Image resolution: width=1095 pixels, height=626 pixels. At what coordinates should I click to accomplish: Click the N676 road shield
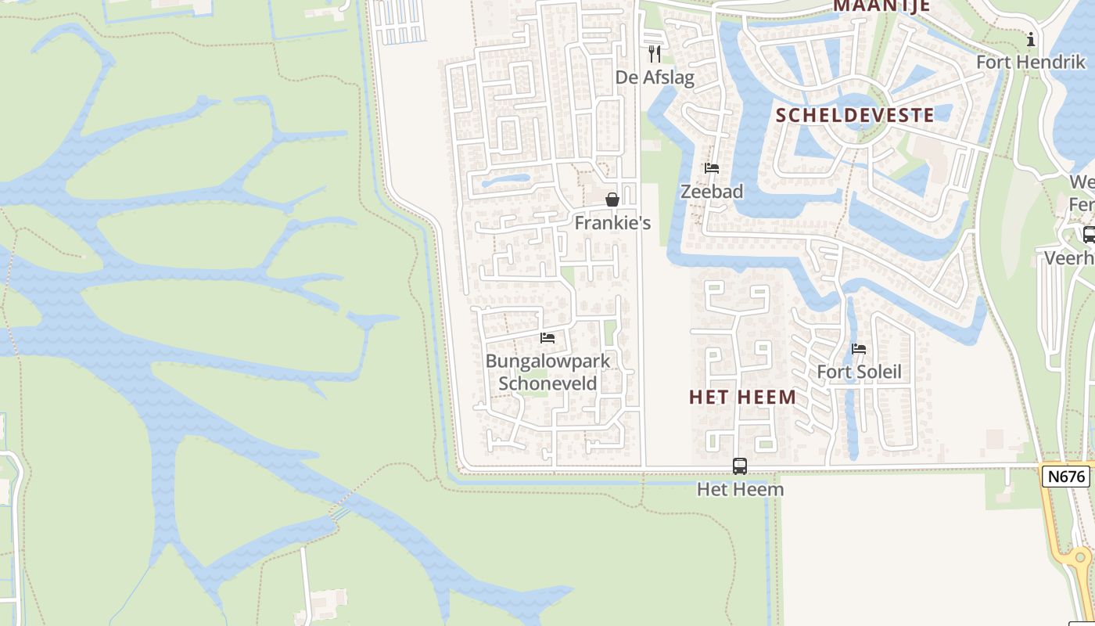tap(1064, 476)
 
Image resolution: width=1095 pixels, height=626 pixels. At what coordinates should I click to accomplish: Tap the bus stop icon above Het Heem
tap(740, 466)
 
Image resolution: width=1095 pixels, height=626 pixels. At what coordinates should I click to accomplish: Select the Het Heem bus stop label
tap(740, 490)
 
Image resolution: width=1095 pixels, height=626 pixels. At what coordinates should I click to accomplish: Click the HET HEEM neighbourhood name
tap(742, 397)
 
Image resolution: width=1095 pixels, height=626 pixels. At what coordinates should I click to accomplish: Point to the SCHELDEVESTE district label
tap(855, 115)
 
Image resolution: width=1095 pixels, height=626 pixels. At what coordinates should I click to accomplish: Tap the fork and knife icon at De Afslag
tap(655, 54)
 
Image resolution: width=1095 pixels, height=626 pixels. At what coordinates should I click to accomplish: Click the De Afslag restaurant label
tap(655, 77)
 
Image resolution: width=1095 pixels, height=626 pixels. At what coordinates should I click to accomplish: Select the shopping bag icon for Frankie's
tap(612, 200)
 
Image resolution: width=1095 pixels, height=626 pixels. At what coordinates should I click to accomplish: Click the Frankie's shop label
tap(612, 223)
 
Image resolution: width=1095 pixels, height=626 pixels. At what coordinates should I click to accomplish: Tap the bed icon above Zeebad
tap(712, 168)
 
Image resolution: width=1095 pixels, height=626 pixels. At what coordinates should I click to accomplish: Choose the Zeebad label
tap(712, 191)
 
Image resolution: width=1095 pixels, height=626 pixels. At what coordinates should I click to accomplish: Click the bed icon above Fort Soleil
tap(859, 349)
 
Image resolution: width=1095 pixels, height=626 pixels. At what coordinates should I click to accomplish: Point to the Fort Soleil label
tap(859, 372)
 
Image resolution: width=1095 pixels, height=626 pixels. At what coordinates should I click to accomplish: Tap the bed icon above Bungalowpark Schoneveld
tap(547, 338)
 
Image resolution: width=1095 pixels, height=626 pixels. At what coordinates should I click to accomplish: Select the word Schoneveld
tap(547, 383)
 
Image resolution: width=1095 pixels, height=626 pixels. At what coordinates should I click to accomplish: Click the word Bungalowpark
tap(547, 362)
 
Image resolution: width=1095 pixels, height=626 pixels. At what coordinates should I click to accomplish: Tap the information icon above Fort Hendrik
tap(1031, 39)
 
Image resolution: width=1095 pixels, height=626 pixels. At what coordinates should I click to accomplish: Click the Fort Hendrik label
tap(1031, 61)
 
